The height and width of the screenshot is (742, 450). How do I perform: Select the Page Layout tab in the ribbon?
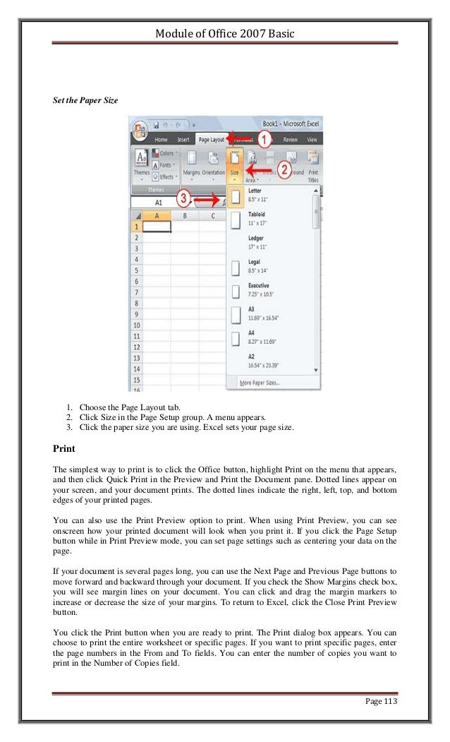211,140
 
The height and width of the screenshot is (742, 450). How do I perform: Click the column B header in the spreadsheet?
184,215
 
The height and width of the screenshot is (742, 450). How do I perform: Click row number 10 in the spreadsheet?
136,325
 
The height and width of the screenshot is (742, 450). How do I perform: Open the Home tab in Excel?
160,140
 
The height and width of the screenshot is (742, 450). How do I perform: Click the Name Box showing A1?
159,202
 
